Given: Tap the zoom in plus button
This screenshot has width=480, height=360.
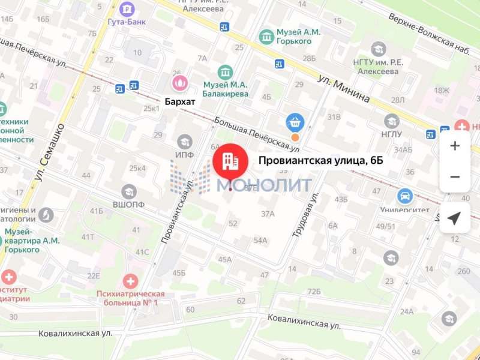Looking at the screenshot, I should coord(455,146).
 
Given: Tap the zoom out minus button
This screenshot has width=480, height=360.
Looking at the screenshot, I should coord(455,177).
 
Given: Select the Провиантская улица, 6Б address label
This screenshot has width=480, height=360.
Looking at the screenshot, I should coord(320,160).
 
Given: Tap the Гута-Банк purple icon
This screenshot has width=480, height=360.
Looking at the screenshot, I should coord(127,10).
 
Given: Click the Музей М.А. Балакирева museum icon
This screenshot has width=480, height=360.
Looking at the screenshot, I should coord(226,73).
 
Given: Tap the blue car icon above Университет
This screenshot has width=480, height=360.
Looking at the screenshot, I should coord(405,196).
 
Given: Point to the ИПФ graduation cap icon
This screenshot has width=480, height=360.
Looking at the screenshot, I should coord(184,142).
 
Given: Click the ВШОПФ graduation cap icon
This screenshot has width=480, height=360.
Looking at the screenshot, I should coord(129,191).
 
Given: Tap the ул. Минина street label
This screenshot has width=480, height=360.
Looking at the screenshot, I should coord(344,89).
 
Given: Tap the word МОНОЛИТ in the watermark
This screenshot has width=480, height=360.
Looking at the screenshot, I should coord(264,185).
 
